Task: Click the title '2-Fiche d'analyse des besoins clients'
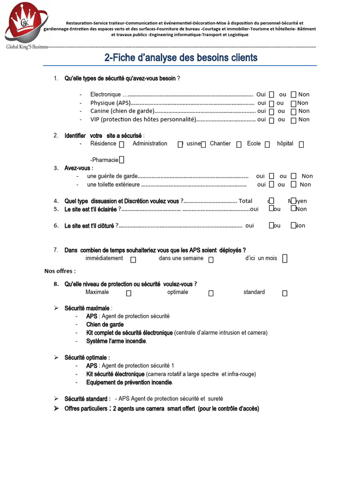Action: pos(180,58)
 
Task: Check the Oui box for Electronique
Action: pos(272,94)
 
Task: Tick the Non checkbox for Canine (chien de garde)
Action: pos(293,112)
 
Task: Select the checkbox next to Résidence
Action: pos(122,144)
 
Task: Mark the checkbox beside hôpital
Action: pos(301,144)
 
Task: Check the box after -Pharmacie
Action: pos(121,160)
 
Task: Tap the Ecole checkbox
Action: pos(267,144)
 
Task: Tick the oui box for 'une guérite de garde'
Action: pos(272,176)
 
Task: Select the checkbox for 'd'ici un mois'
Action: pos(285,259)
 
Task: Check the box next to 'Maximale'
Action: pos(128,293)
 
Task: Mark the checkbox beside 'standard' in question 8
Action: pos(285,293)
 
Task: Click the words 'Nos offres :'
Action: pos(60,271)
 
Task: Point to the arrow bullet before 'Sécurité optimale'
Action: pos(56,358)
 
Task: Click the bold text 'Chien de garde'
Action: pos(105,324)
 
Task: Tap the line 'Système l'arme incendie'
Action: pos(116,341)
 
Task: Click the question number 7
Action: pos(55,250)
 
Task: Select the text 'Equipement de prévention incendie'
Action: pos(129,382)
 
